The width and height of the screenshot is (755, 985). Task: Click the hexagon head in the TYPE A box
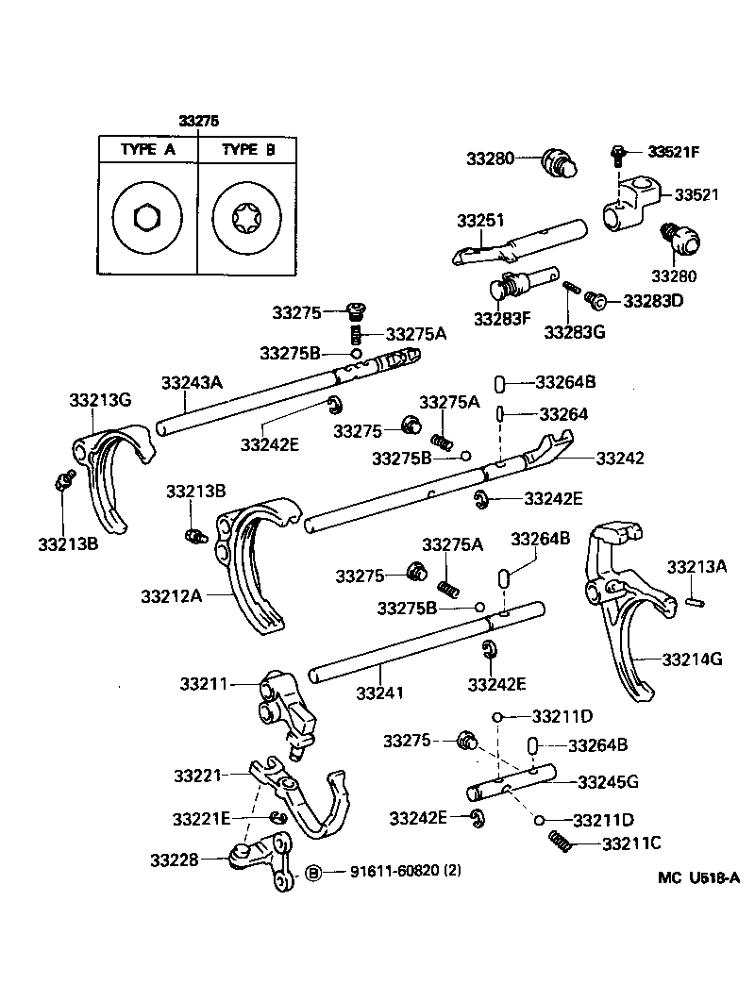147,219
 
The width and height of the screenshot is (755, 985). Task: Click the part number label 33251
481,220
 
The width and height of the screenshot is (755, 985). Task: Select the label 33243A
191,382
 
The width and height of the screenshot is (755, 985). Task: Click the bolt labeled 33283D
596,300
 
